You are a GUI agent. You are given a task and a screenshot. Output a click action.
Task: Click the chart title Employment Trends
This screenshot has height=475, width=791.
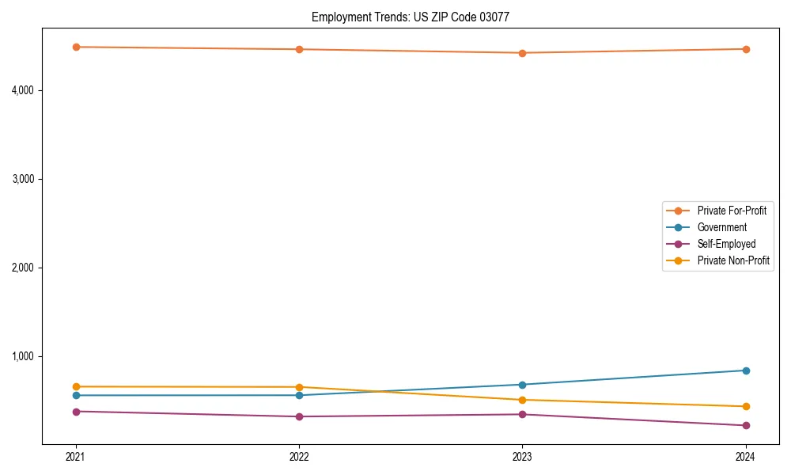(x=416, y=17)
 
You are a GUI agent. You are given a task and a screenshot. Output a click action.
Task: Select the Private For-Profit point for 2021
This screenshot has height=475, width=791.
(x=76, y=47)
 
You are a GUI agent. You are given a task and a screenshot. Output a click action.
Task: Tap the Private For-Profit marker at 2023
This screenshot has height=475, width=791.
(x=522, y=53)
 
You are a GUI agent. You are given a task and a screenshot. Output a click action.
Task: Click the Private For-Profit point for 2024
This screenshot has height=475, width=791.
(x=745, y=49)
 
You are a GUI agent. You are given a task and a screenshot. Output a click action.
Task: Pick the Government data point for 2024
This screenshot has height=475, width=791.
(x=745, y=370)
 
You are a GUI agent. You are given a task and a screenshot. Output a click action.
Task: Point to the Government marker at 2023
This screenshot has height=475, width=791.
(x=522, y=385)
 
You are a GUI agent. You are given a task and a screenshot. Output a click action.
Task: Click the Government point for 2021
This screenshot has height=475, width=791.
(x=76, y=395)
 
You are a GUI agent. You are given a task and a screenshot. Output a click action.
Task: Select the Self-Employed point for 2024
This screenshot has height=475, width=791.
(x=745, y=425)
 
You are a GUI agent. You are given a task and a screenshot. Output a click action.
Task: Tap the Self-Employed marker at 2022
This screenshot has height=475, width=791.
(x=299, y=416)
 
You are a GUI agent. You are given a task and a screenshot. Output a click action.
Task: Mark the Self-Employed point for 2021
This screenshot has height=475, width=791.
(x=76, y=412)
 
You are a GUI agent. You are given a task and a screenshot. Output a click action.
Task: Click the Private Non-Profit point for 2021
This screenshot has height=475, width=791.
(x=76, y=386)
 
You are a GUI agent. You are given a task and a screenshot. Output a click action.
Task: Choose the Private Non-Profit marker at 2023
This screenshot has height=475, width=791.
(x=522, y=400)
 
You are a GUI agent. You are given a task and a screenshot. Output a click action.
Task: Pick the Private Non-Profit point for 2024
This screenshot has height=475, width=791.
(x=745, y=406)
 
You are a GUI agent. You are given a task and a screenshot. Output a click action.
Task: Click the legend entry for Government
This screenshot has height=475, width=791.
(x=721, y=227)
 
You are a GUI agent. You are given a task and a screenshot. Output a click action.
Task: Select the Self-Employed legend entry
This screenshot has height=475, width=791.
(x=726, y=244)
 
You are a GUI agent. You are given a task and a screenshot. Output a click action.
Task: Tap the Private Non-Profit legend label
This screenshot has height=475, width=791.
(x=733, y=260)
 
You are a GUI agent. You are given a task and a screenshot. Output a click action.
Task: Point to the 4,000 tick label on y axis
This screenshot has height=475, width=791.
(x=22, y=90)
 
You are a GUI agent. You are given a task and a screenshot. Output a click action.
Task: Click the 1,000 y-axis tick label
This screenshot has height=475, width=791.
(x=22, y=356)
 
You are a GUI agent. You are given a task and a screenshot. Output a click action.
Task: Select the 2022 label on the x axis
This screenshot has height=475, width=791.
(x=299, y=456)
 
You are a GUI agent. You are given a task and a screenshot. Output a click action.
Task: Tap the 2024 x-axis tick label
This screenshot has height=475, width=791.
(x=745, y=456)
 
